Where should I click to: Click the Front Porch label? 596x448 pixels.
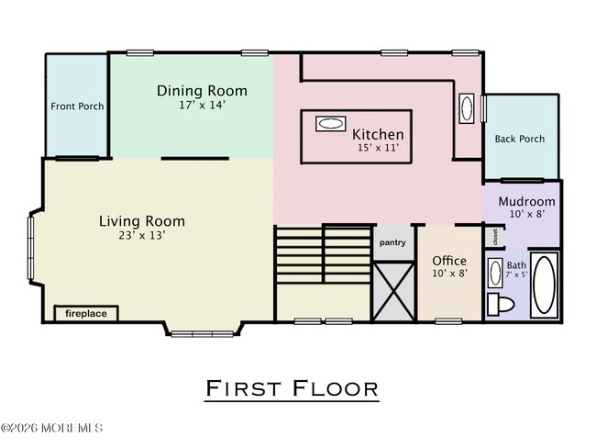77,106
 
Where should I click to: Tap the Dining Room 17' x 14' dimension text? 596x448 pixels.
203,105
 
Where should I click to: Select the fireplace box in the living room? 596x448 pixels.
86,314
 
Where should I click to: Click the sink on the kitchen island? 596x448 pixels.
331,124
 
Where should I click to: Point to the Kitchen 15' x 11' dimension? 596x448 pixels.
378,148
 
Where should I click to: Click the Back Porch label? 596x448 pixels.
520,139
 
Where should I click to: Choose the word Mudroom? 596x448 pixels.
526,201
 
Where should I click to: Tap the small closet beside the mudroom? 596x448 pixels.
495,237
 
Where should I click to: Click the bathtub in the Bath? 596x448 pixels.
545,285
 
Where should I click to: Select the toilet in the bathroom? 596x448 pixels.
501,304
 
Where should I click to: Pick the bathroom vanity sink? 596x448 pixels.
495,273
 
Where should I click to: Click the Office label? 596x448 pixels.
449,261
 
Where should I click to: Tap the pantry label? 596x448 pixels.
392,242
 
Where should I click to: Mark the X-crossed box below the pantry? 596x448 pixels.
393,291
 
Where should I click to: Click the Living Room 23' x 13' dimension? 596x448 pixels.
142,236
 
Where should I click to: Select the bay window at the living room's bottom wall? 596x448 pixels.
203,334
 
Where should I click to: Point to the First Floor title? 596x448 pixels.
292,388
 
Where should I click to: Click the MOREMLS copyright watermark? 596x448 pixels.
51,428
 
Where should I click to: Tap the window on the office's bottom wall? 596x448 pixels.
448,321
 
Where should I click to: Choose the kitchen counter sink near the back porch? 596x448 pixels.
467,108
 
